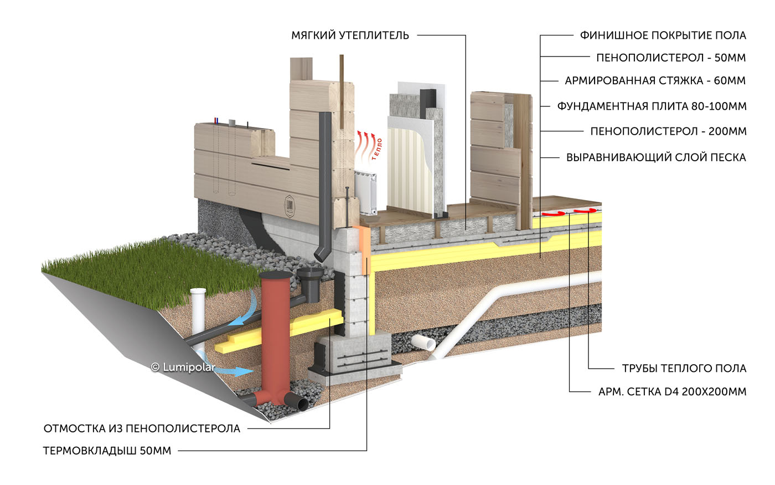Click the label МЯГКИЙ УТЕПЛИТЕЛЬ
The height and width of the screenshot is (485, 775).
350,35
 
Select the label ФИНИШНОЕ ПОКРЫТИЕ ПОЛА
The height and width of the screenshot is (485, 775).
663,35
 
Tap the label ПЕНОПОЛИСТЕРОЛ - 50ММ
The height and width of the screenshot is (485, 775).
671,58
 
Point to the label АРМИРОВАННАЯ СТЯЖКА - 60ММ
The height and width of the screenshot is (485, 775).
655,80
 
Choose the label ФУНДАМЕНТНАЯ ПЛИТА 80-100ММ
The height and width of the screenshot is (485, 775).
652,106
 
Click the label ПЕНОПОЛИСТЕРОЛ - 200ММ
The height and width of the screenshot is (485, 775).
669,131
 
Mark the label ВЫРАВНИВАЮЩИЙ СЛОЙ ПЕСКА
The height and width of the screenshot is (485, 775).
656,157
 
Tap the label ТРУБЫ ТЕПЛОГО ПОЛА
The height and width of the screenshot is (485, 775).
684,368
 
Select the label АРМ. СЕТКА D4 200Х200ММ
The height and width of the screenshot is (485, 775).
672,392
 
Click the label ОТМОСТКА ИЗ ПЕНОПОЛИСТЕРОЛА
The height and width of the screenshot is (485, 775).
142,428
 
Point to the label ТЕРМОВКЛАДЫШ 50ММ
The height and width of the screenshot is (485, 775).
107,451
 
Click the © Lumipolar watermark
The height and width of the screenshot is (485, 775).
183,367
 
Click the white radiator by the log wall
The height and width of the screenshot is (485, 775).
365,192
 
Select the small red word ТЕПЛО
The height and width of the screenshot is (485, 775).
377,149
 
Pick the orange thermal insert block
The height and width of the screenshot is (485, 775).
364,249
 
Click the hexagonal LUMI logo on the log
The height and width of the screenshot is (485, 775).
290,206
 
